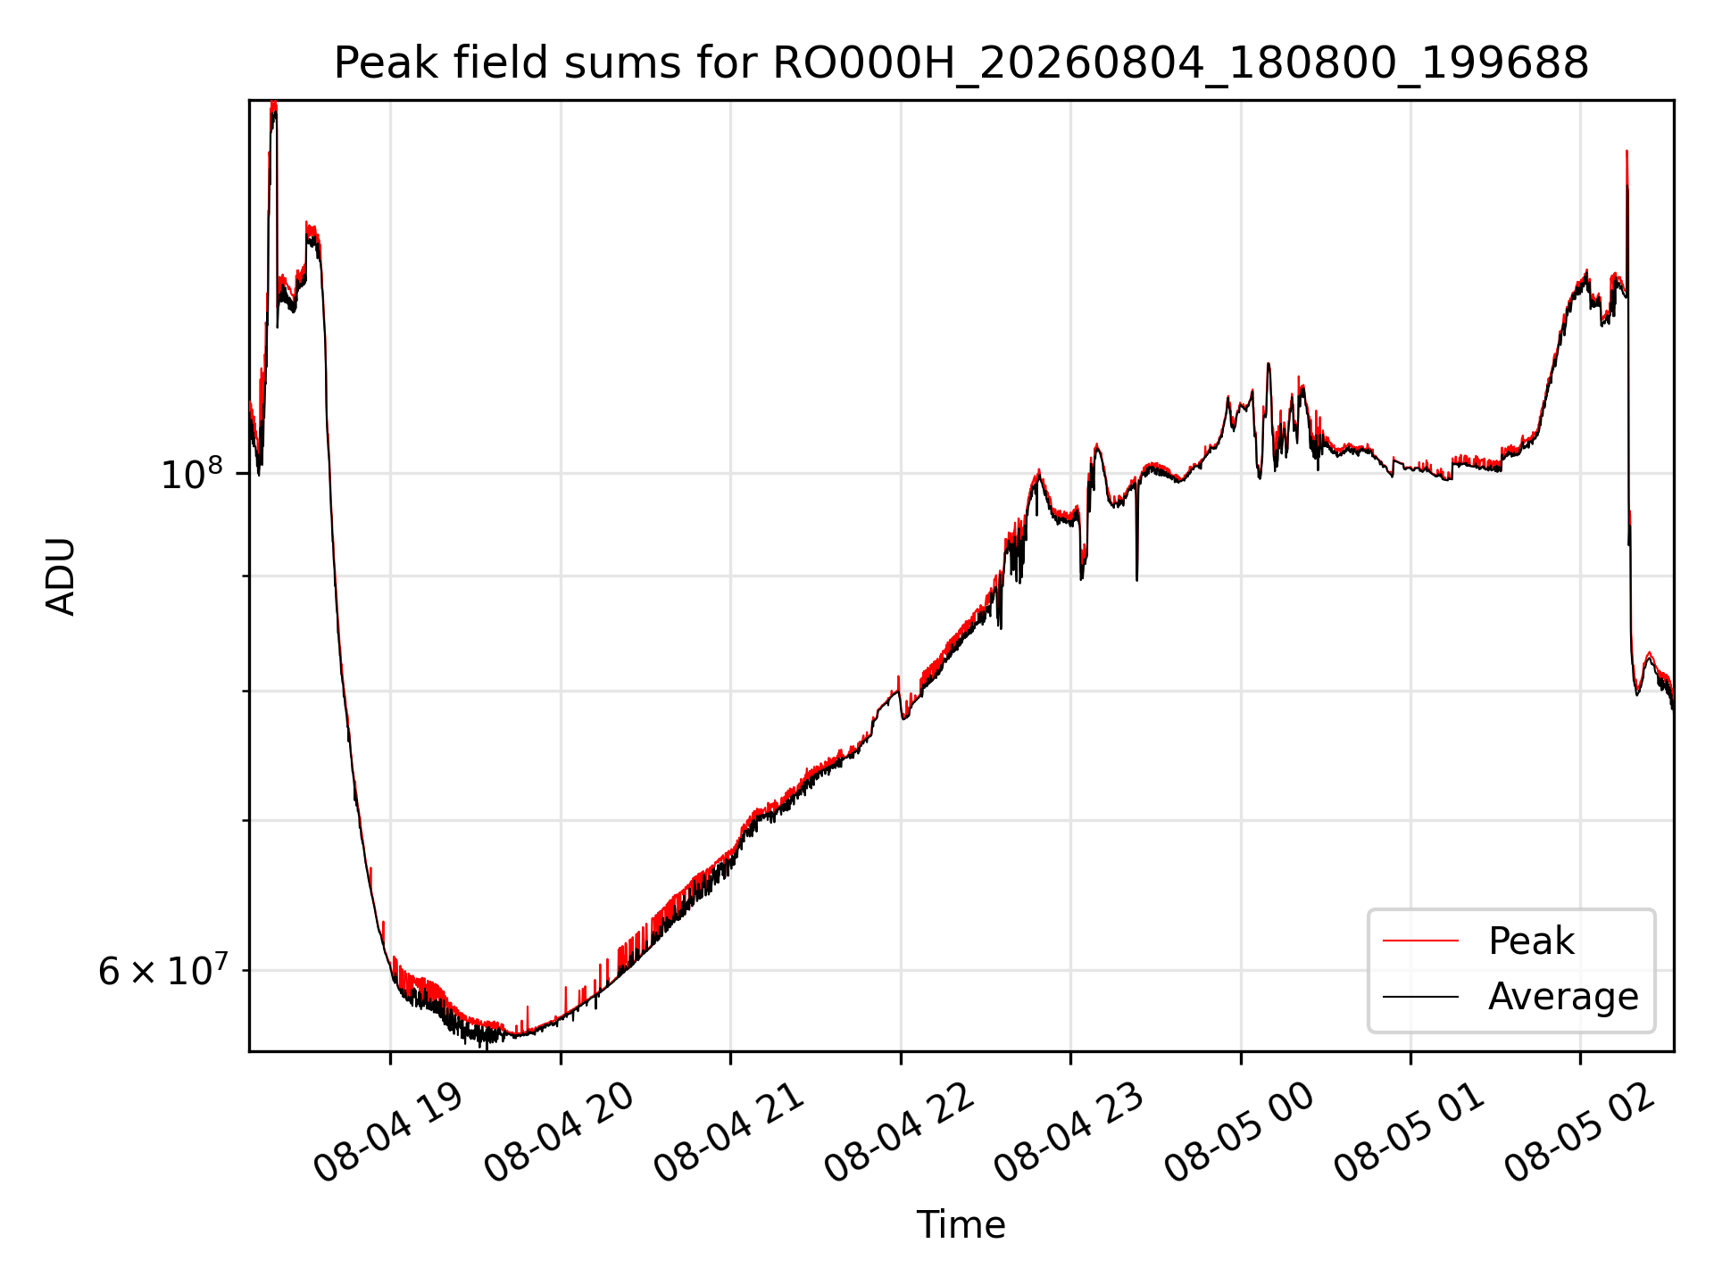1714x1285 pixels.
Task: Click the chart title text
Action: (961, 63)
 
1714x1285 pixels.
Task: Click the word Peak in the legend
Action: (1531, 941)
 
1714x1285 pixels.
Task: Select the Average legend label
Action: (1563, 997)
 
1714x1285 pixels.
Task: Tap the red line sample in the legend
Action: (1420, 941)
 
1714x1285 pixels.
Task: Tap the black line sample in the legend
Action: (1420, 997)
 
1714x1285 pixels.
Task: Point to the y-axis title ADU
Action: (61, 576)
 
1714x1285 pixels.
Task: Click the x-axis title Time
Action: (961, 1225)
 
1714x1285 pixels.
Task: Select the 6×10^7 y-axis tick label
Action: (162, 970)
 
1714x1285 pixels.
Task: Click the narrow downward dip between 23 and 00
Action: (1136, 578)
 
